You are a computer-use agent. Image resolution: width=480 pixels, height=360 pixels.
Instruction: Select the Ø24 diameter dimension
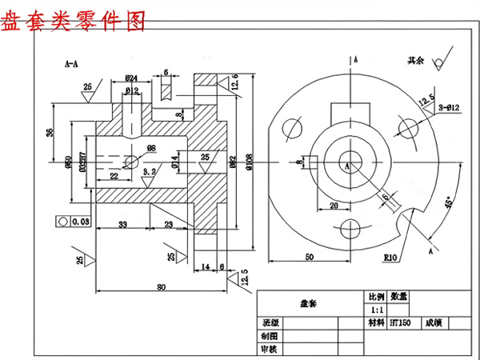(132, 78)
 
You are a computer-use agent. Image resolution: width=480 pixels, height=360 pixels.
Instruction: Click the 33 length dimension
(122, 224)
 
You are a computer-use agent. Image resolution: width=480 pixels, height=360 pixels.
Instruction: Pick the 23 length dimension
(169, 224)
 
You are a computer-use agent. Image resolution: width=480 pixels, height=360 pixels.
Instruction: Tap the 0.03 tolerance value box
(78, 220)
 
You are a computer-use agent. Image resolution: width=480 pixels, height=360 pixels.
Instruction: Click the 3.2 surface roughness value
(149, 171)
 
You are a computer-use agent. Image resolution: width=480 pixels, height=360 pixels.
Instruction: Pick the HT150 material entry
(401, 324)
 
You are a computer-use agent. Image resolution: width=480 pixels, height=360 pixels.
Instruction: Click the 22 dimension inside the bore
(114, 176)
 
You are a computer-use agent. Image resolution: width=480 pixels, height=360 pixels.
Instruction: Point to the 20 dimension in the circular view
(334, 205)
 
